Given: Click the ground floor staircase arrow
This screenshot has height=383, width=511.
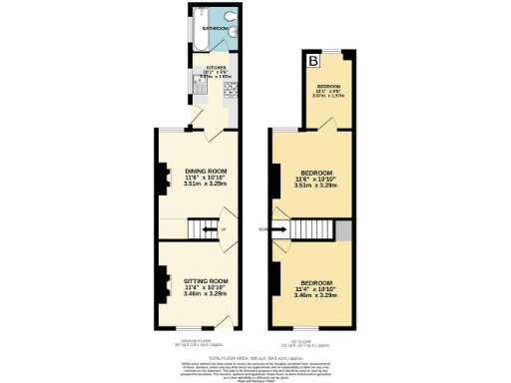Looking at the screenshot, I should [x=208, y=231].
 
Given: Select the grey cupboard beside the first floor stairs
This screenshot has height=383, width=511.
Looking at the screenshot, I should [x=344, y=230].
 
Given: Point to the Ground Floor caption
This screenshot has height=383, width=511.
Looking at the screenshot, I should [x=197, y=342].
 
